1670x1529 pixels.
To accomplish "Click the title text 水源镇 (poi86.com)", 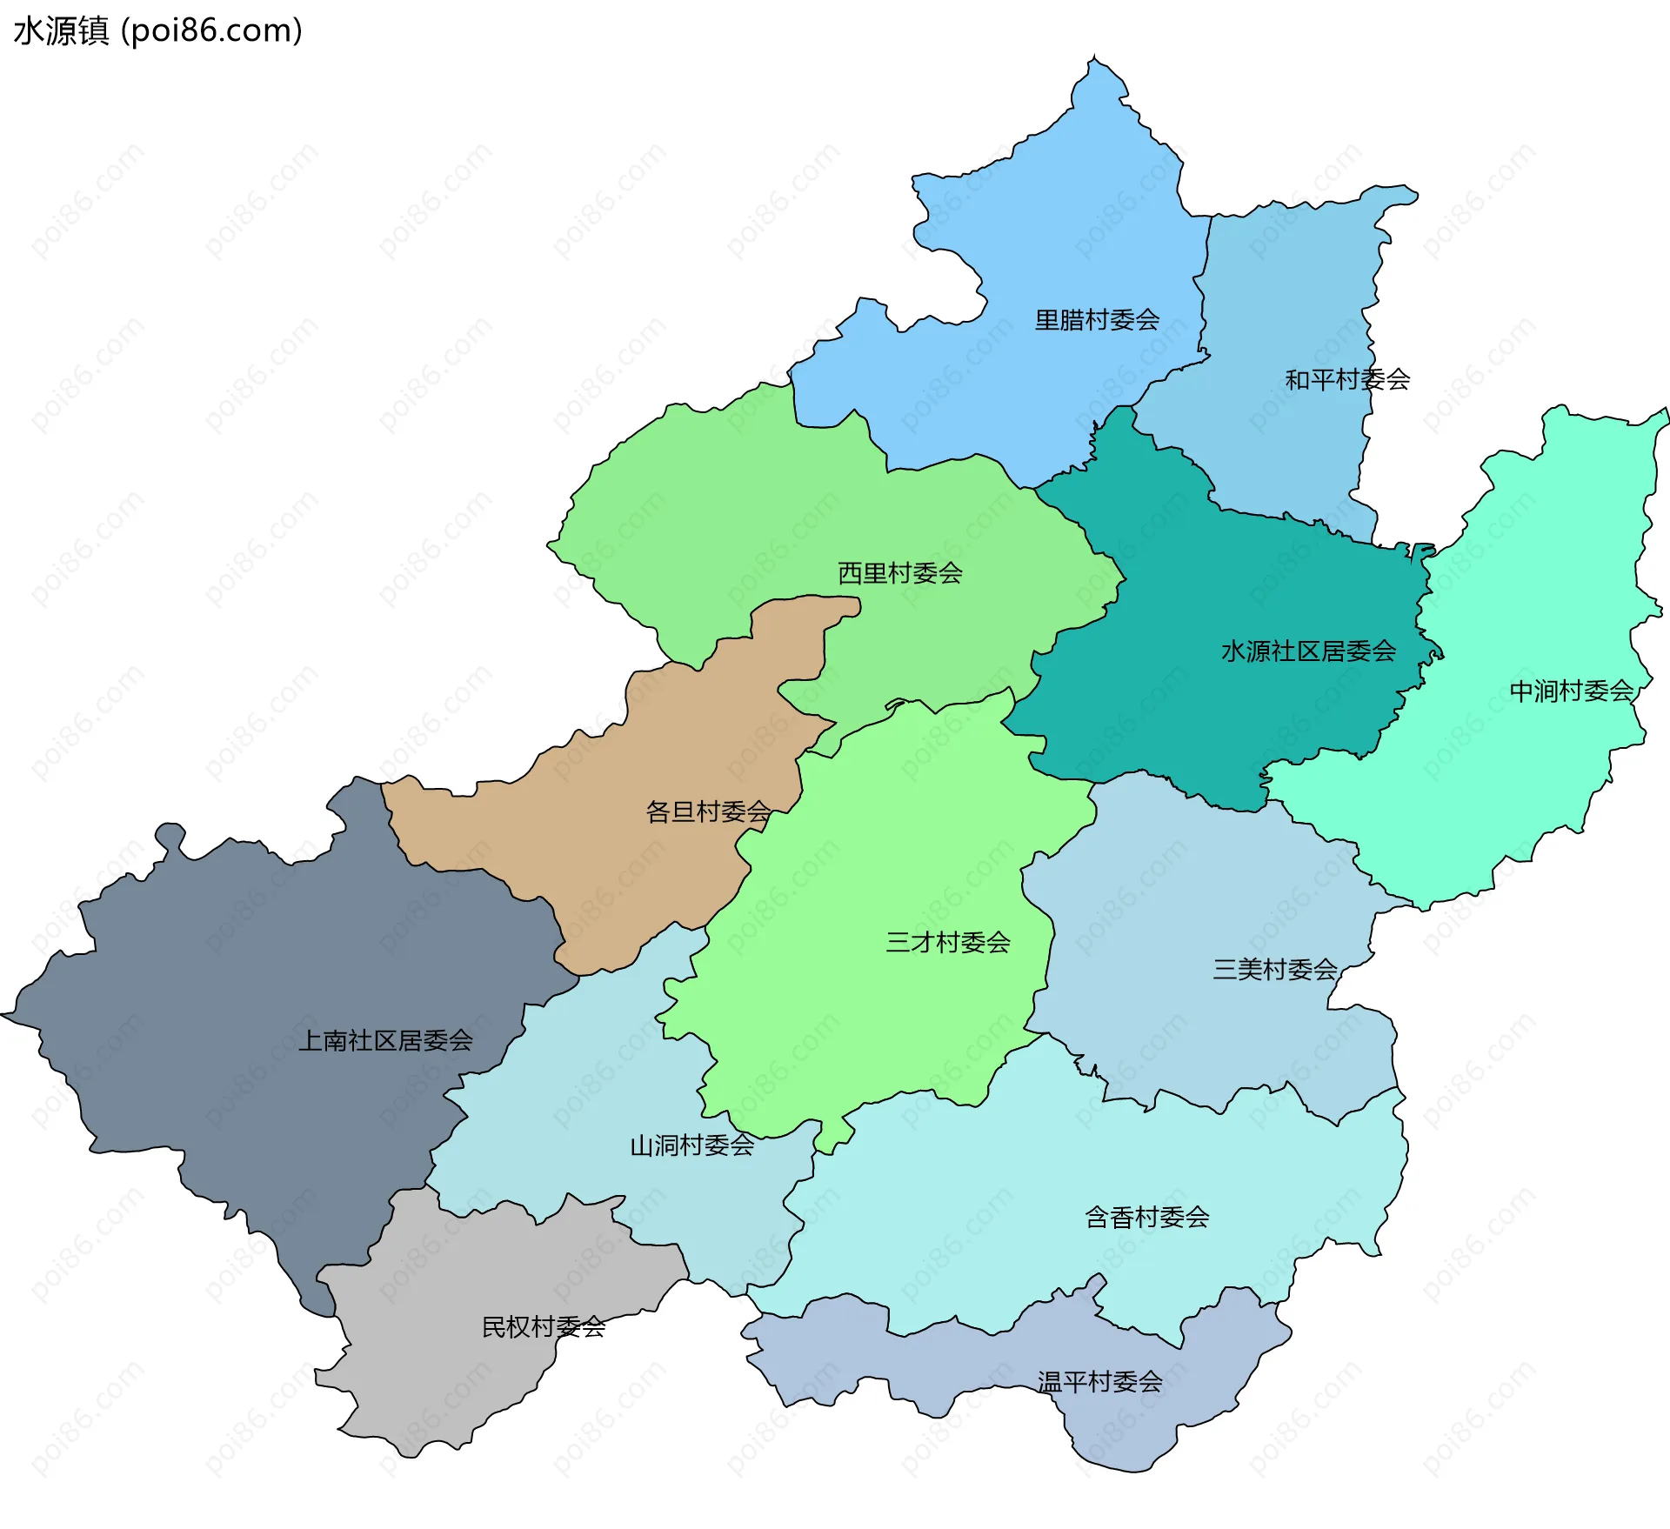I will (158, 30).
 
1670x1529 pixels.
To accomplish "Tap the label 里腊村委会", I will (1097, 320).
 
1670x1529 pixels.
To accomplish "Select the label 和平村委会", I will (1347, 379).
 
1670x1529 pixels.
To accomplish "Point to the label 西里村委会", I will (899, 572).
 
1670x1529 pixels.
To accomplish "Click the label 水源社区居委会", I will (1308, 651).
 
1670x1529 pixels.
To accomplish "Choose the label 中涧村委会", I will (1572, 691).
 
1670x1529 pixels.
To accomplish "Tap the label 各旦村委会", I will (708, 811).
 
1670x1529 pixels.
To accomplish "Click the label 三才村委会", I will (948, 942).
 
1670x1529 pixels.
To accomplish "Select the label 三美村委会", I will (1275, 969).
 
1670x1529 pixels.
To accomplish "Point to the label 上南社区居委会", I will (385, 1040).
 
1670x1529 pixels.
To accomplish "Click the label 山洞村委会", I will (691, 1145).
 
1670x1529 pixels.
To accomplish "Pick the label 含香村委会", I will (1146, 1217).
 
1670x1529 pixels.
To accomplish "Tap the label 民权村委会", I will (544, 1326).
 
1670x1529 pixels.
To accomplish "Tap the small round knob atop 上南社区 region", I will (170, 834).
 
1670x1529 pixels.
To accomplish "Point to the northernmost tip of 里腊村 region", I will (1094, 59).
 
